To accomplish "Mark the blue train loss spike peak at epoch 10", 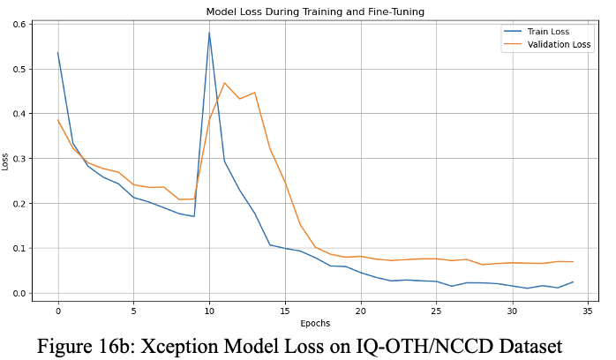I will pyautogui.click(x=209, y=33).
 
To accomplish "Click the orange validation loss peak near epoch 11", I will pyautogui.click(x=224, y=83).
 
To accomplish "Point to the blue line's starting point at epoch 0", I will pyautogui.click(x=58, y=53).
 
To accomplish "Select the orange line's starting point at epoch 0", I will pyautogui.click(x=58, y=120).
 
